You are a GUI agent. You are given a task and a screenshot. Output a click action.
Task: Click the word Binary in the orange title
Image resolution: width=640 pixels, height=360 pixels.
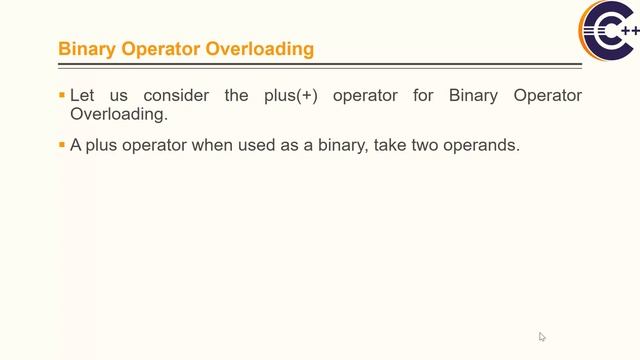coord(86,48)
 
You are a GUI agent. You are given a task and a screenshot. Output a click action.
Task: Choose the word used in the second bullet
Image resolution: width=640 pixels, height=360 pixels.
coord(243,145)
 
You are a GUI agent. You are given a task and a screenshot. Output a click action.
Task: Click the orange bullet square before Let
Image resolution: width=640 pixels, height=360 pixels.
coord(62,96)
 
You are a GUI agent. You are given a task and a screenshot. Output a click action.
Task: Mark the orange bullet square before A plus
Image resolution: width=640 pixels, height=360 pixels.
coord(62,145)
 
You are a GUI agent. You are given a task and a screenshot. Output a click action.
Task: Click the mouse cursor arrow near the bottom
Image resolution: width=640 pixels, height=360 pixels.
coord(542,337)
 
